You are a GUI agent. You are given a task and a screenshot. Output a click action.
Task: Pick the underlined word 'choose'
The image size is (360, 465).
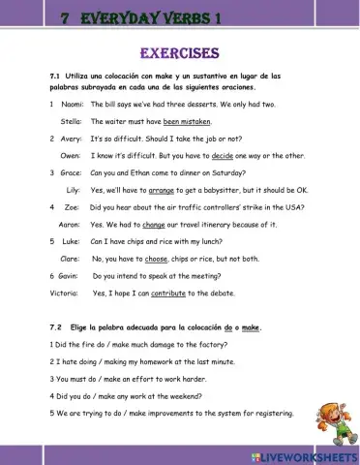coord(155,259)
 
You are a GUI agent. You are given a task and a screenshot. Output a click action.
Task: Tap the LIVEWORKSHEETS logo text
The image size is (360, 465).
coord(302,454)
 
